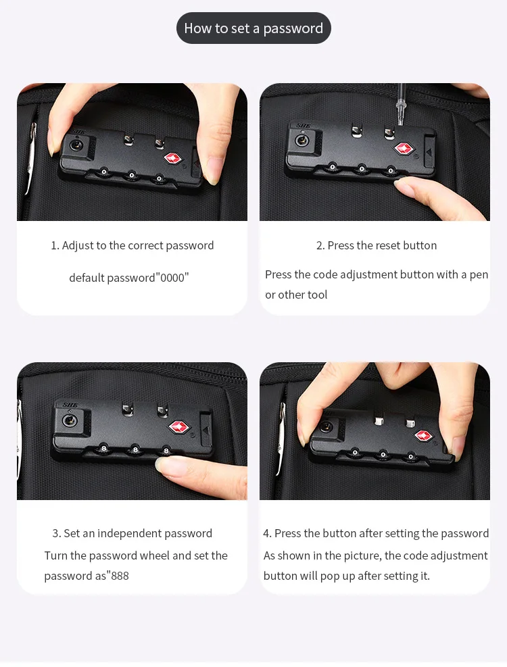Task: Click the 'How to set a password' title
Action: click(x=254, y=28)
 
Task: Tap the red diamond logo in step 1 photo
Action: click(x=173, y=159)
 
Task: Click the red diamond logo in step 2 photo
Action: click(x=404, y=149)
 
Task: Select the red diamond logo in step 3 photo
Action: click(x=179, y=426)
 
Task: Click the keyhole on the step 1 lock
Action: click(x=76, y=145)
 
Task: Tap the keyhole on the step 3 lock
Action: click(x=70, y=421)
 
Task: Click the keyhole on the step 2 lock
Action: click(x=301, y=139)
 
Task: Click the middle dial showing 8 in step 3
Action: click(x=135, y=449)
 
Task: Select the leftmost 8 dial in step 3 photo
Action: click(x=103, y=447)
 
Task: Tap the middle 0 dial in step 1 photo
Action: click(x=131, y=175)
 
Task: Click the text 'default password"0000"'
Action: click(x=129, y=278)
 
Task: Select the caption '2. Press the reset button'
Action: click(x=377, y=245)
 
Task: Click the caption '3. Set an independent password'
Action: click(x=132, y=533)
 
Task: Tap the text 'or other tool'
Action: click(x=296, y=295)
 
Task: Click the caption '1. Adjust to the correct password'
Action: click(x=132, y=245)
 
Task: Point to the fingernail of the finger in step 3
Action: click(x=164, y=464)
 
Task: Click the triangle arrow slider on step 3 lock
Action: click(x=206, y=430)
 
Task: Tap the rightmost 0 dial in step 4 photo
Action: click(x=411, y=457)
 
